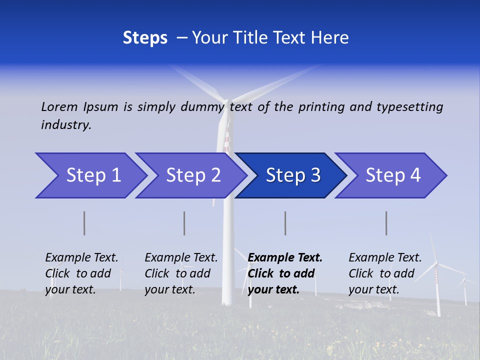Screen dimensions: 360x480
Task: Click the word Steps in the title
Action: click(x=145, y=38)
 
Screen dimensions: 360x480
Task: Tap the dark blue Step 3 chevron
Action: click(x=293, y=175)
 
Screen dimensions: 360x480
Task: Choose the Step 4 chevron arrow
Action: click(x=393, y=175)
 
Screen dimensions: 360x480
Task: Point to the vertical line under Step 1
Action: click(x=84, y=223)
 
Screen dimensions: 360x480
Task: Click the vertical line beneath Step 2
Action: click(x=184, y=223)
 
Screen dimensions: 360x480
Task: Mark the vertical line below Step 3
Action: click(x=285, y=223)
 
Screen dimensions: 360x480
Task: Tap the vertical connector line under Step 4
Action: click(x=386, y=223)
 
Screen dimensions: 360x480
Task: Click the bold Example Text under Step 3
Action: click(x=285, y=273)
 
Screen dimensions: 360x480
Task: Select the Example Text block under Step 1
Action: click(x=82, y=273)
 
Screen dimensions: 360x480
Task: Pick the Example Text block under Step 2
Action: click(x=181, y=273)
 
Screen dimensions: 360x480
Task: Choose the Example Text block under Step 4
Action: click(x=385, y=273)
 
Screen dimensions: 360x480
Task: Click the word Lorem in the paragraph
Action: click(x=59, y=107)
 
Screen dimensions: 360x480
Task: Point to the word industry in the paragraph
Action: click(x=66, y=125)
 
